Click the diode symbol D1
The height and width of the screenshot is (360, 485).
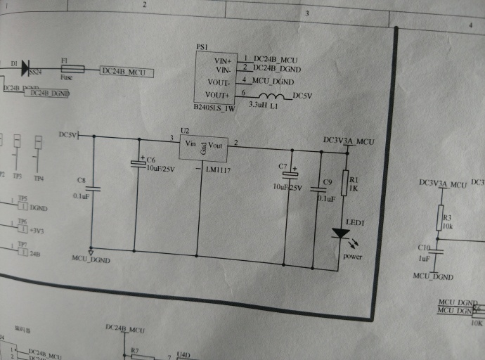[x=26, y=68]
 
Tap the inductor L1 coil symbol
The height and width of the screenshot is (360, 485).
[x=272, y=97]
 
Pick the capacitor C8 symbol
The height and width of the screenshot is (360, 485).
[x=92, y=188]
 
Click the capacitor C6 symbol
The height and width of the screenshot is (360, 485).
[x=138, y=164]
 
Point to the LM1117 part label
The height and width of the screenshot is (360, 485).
[x=217, y=171]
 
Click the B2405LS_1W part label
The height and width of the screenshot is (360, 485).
[x=214, y=109]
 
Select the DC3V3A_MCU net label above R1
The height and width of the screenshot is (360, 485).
[x=349, y=141]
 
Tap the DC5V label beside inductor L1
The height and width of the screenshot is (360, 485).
[x=301, y=96]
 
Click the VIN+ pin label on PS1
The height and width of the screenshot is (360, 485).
[x=222, y=60]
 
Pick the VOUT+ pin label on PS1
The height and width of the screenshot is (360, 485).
[x=217, y=94]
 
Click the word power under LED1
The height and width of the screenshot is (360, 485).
[x=352, y=257]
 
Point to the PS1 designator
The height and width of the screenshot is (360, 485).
[x=202, y=46]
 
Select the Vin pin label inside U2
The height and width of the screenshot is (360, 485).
[x=189, y=144]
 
